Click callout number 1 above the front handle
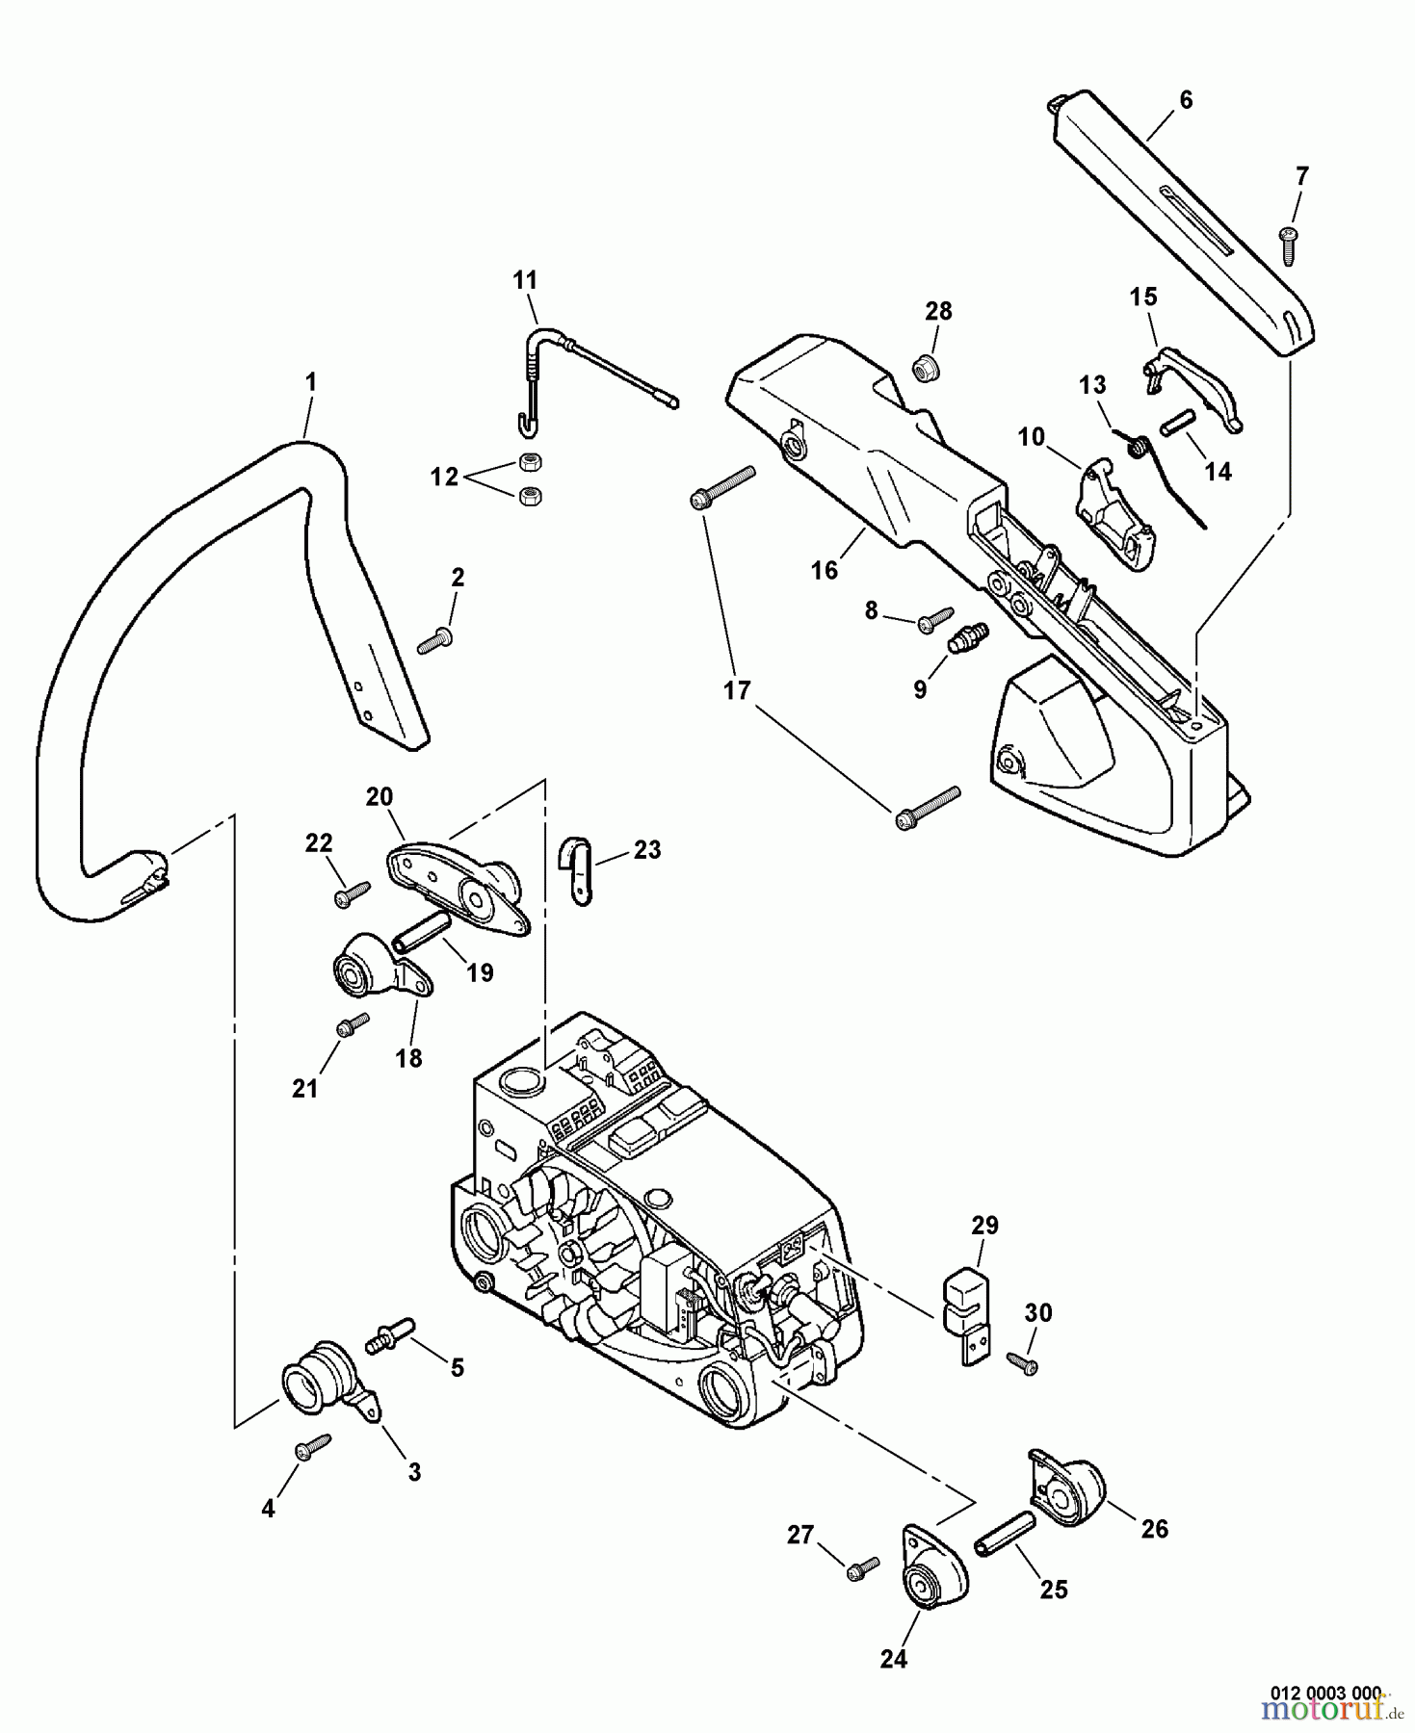310,382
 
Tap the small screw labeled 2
435,639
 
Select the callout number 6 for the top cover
1186,100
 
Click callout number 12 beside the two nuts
444,477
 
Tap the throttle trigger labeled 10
1114,512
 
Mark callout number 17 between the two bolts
737,691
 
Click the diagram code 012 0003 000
1325,1693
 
